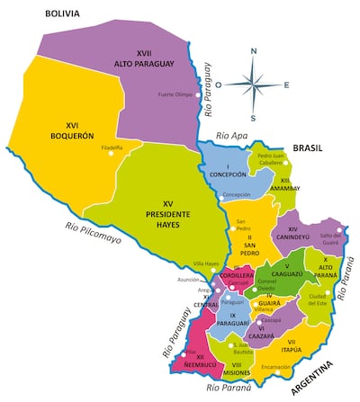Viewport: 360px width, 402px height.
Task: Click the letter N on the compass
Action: pyautogui.click(x=253, y=50)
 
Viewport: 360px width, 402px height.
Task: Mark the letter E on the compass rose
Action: pyautogui.click(x=286, y=85)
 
